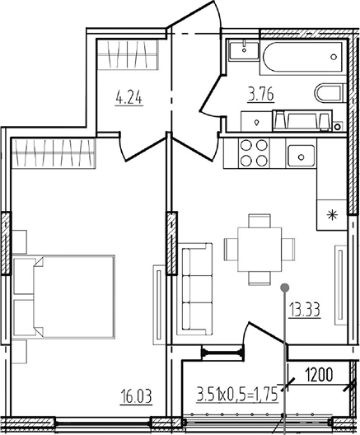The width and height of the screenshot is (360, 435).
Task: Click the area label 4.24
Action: click(129, 98)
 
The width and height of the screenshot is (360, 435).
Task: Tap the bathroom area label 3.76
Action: click(261, 94)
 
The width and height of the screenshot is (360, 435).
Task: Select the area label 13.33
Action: click(305, 310)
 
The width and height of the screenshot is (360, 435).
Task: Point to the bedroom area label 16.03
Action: click(136, 396)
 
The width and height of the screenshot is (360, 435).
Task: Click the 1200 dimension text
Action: click(319, 375)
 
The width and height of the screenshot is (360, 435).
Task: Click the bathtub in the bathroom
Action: click(303, 57)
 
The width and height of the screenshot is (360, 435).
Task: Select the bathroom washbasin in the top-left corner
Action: click(244, 49)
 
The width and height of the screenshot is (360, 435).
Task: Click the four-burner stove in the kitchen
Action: click(254, 152)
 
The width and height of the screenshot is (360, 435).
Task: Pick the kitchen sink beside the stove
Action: click(302, 156)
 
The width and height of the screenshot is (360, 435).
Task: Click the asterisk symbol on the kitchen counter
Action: click(332, 215)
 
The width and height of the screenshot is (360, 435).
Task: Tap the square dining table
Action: click(259, 250)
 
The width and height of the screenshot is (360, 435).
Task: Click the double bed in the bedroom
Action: click(63, 297)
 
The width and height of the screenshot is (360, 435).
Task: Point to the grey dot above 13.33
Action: click(285, 288)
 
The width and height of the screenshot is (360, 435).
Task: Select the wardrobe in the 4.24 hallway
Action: click(128, 54)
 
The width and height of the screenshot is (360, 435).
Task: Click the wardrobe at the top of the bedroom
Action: click(54, 153)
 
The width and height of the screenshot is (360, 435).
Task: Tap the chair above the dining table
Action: click(259, 220)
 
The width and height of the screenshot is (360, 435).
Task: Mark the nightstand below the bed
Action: click(20, 351)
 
